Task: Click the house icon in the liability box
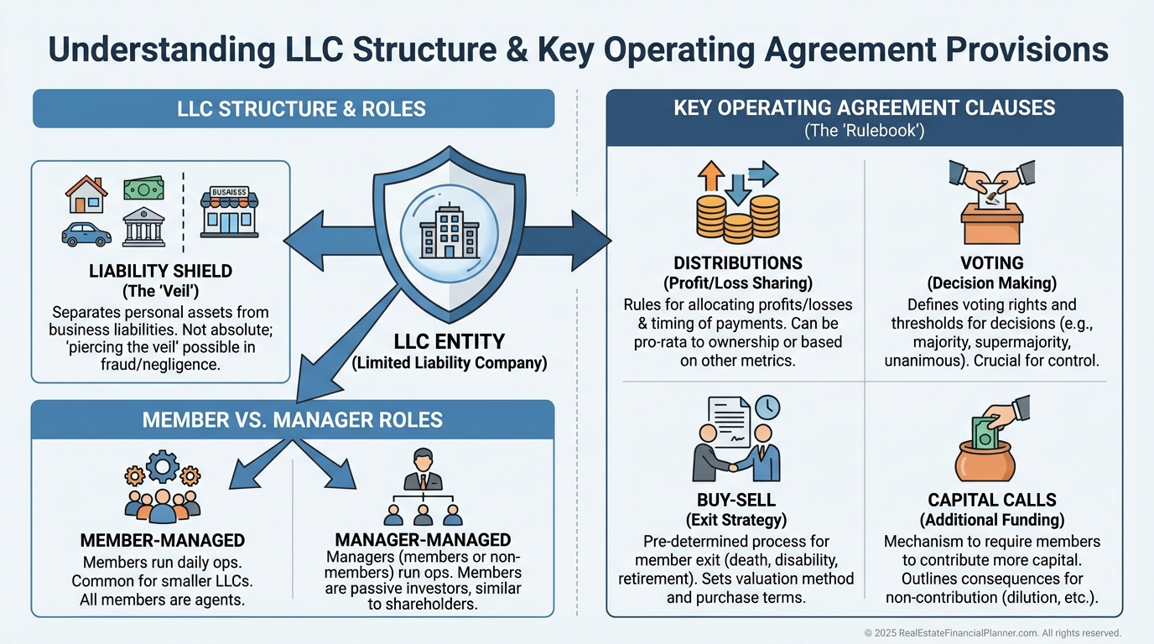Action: pyautogui.click(x=86, y=195)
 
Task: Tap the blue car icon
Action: pyautogui.click(x=86, y=234)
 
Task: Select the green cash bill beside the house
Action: pyautogui.click(x=143, y=190)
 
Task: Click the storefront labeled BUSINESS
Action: pyautogui.click(x=228, y=212)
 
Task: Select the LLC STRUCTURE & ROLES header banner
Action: pyautogui.click(x=294, y=109)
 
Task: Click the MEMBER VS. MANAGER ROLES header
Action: pyautogui.click(x=293, y=419)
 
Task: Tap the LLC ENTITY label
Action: pyautogui.click(x=450, y=341)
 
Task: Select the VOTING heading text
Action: pyautogui.click(x=991, y=263)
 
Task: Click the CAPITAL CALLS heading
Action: pyautogui.click(x=991, y=501)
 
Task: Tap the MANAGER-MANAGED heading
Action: pyautogui.click(x=423, y=539)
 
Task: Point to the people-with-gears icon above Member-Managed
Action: pyautogui.click(x=162, y=486)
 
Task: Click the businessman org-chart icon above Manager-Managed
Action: pyautogui.click(x=423, y=486)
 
